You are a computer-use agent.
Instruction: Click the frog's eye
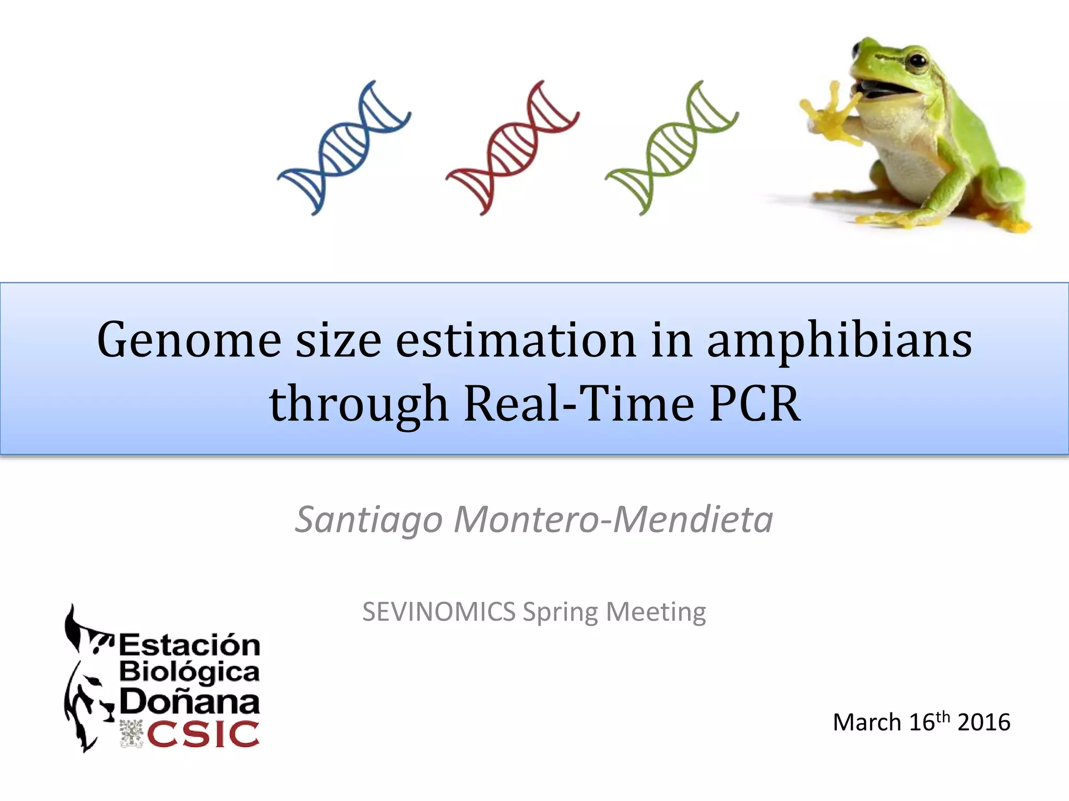click(x=917, y=62)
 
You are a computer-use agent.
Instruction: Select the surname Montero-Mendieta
click(x=613, y=520)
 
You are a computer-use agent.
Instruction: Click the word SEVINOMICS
click(x=439, y=612)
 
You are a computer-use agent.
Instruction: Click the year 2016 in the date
click(x=984, y=723)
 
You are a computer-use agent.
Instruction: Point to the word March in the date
click(x=867, y=723)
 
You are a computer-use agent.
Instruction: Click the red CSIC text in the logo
click(x=203, y=734)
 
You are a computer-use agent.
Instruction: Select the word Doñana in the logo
click(x=189, y=702)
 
